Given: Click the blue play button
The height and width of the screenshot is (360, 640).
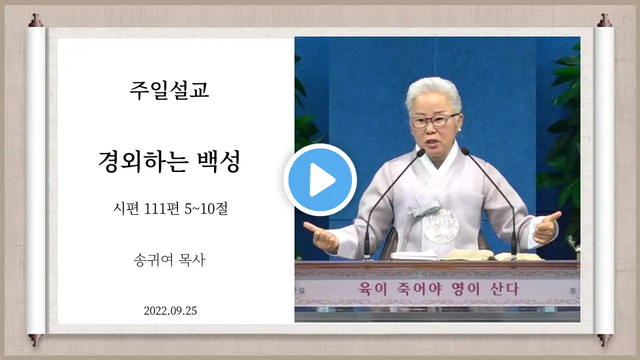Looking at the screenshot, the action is (320, 179).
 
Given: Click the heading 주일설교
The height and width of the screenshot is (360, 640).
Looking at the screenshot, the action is (169, 90).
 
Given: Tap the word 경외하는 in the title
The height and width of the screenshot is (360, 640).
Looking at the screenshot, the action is (143, 161).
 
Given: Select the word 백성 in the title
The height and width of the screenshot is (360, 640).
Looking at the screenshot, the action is (219, 161).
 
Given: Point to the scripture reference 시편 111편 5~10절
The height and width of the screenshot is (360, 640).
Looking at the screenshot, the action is (170, 208).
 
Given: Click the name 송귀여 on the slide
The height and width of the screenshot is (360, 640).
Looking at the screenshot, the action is (153, 260).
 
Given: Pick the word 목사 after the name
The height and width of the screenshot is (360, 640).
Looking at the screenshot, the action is (191, 260).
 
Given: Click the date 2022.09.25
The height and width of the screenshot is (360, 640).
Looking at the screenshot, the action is (170, 310).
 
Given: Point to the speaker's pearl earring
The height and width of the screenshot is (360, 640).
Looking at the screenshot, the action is (459, 130).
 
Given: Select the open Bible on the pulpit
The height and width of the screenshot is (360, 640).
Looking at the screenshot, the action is (465, 255).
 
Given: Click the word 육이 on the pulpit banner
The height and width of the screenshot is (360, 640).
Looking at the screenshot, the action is (373, 289).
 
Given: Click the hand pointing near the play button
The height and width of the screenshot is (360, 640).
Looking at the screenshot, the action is (320, 236).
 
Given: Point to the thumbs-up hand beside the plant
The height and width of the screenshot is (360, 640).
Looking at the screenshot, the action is (546, 227).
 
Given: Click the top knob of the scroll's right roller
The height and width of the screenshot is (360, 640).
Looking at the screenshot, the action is (604, 20).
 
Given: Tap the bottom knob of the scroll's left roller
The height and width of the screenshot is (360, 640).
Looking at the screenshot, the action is (35, 339).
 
